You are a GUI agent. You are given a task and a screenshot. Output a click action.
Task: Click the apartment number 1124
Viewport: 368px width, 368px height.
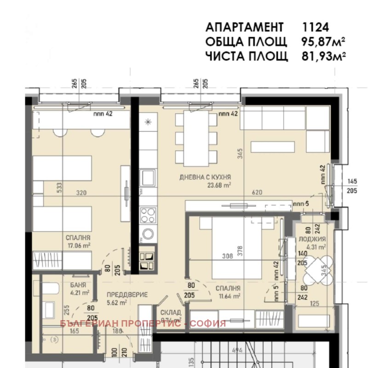[x=315, y=26]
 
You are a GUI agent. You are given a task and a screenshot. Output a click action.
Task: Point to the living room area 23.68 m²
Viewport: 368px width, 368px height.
[x=218, y=185]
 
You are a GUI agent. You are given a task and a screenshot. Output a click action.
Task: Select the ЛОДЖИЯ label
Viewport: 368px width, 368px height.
[x=315, y=239]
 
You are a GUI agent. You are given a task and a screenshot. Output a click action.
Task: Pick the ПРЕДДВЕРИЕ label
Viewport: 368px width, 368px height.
[x=126, y=294]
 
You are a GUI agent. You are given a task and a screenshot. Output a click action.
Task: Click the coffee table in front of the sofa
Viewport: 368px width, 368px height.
[x=272, y=147]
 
